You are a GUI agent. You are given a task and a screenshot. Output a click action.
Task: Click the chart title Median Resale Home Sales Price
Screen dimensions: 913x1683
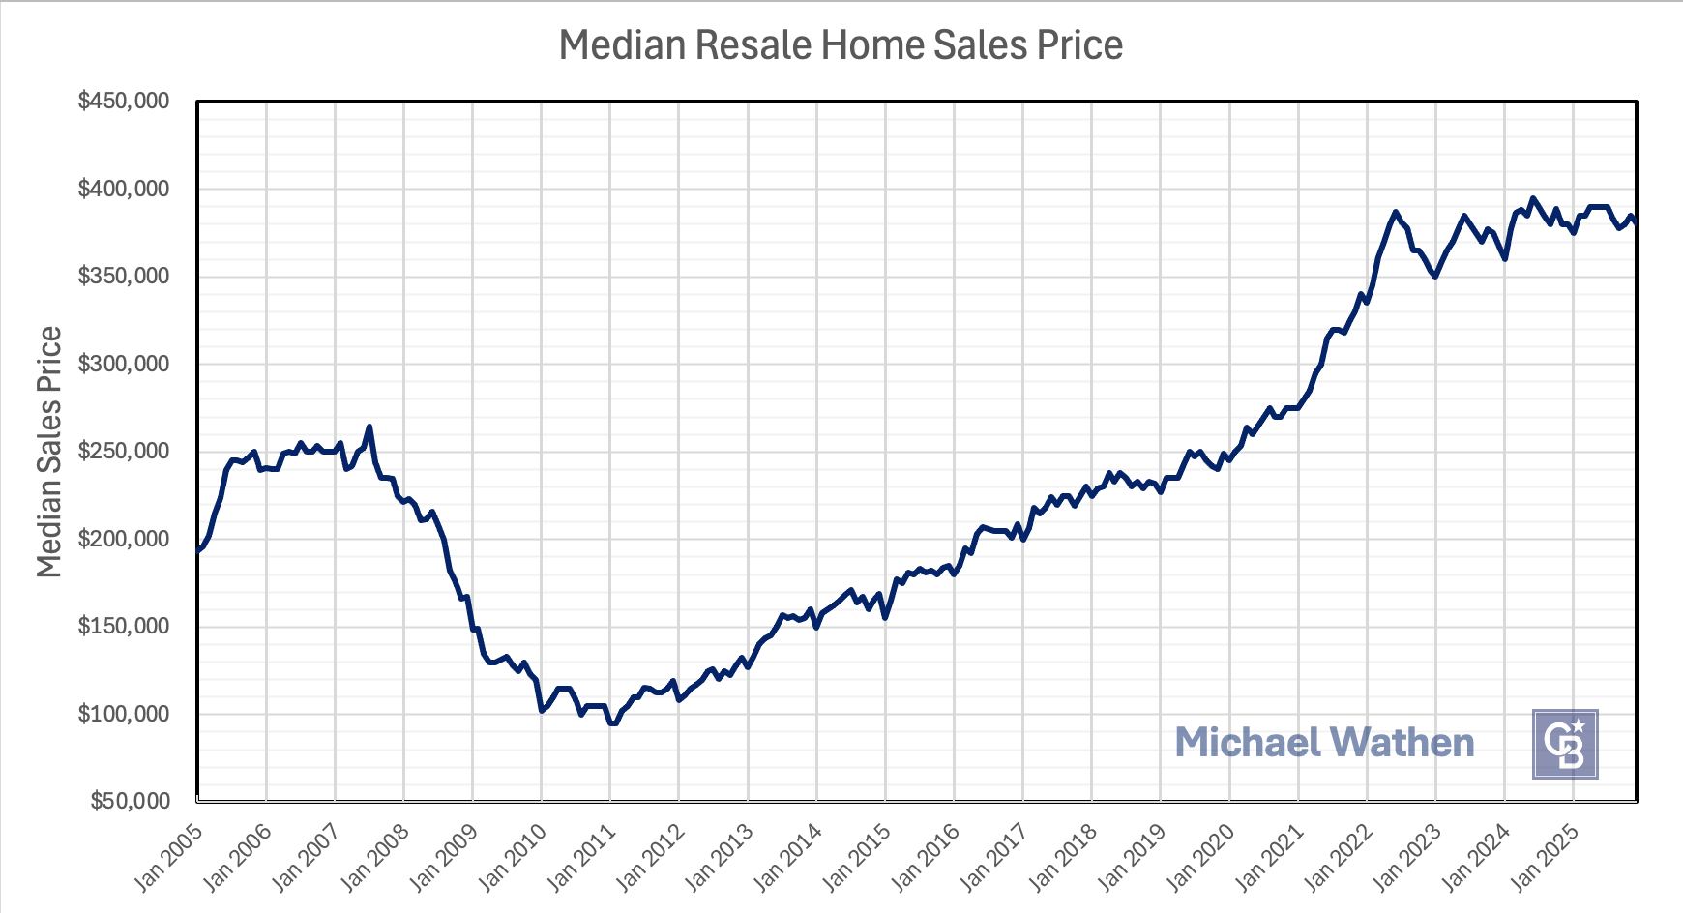(841, 45)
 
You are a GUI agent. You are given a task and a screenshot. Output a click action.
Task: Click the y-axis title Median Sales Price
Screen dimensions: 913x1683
(49, 452)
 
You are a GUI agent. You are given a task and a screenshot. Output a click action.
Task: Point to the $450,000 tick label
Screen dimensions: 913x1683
(124, 101)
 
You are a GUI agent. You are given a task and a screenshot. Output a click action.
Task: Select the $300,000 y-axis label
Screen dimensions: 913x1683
(124, 364)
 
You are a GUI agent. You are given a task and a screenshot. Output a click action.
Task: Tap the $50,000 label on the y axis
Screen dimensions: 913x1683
(131, 801)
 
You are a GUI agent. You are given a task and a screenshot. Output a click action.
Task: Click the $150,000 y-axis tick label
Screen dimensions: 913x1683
(124, 626)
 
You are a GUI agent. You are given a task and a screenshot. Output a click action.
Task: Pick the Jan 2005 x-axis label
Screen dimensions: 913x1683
(169, 857)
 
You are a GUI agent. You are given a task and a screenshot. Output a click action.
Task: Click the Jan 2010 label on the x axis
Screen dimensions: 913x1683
(513, 857)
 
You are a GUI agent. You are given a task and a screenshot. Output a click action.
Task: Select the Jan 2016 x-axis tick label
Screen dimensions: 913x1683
(926, 857)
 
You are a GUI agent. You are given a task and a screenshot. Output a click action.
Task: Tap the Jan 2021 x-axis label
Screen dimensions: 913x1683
(1270, 857)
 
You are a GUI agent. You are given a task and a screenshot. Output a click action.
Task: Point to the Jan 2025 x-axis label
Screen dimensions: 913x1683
(1545, 857)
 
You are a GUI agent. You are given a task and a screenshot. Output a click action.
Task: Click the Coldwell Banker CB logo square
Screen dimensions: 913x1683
(1565, 744)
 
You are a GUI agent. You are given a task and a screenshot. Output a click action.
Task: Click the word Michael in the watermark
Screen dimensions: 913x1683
(1248, 743)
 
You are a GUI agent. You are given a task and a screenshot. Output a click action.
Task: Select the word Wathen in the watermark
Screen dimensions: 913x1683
(1402, 743)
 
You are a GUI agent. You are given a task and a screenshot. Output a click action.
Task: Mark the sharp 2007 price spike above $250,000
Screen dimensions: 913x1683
(369, 427)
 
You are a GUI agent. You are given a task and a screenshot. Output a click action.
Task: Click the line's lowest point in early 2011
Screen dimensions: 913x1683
(613, 722)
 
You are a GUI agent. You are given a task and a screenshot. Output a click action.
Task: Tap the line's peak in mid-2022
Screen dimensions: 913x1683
(1395, 212)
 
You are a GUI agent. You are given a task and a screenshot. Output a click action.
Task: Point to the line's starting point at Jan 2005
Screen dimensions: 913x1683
(198, 550)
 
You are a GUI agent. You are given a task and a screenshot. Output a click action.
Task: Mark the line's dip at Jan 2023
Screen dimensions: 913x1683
(1435, 276)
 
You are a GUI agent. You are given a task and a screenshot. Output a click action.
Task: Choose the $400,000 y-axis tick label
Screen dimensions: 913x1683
(124, 189)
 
